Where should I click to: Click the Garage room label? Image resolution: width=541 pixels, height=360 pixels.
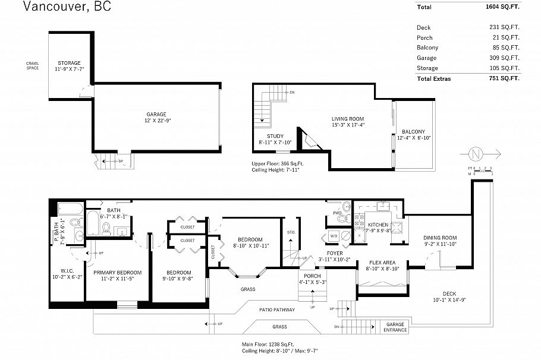[x=156, y=114]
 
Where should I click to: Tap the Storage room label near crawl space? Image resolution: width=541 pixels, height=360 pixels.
[x=69, y=63]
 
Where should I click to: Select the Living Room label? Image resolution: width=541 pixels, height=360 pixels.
[x=348, y=119]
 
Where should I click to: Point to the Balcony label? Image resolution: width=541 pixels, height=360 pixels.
[x=413, y=132]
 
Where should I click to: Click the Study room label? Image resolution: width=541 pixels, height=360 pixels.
[x=275, y=136]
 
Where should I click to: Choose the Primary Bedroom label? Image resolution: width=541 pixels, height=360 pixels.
[x=113, y=273]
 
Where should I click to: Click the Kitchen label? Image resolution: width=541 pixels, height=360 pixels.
[x=378, y=225]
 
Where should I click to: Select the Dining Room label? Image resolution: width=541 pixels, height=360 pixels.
[x=440, y=238]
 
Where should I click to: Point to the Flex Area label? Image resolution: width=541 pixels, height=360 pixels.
[x=383, y=262]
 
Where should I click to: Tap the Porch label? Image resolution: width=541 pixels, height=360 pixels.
[x=312, y=276]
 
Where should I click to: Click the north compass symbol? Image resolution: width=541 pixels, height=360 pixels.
[x=474, y=154]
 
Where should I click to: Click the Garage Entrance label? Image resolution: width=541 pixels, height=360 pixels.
[x=395, y=327]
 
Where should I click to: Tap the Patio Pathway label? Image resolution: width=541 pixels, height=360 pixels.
[x=276, y=310]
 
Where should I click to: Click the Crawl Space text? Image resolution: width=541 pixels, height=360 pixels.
[x=32, y=65]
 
